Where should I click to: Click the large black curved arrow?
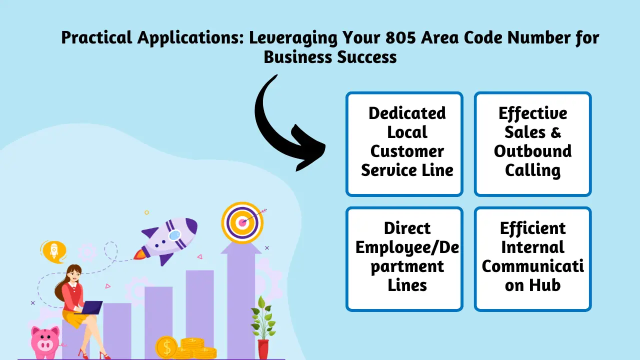click(x=280, y=125)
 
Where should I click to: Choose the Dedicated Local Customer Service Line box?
click(x=404, y=143)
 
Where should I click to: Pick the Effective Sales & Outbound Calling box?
click(x=532, y=143)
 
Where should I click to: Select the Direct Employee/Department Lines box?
click(x=404, y=258)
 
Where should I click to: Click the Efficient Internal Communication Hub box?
click(x=532, y=258)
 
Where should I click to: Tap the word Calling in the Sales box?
click(x=532, y=170)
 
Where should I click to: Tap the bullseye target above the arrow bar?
click(x=242, y=221)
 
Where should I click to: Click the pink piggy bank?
click(x=45, y=340)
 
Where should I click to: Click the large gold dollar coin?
click(x=166, y=346)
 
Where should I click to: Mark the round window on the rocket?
click(x=174, y=234)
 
